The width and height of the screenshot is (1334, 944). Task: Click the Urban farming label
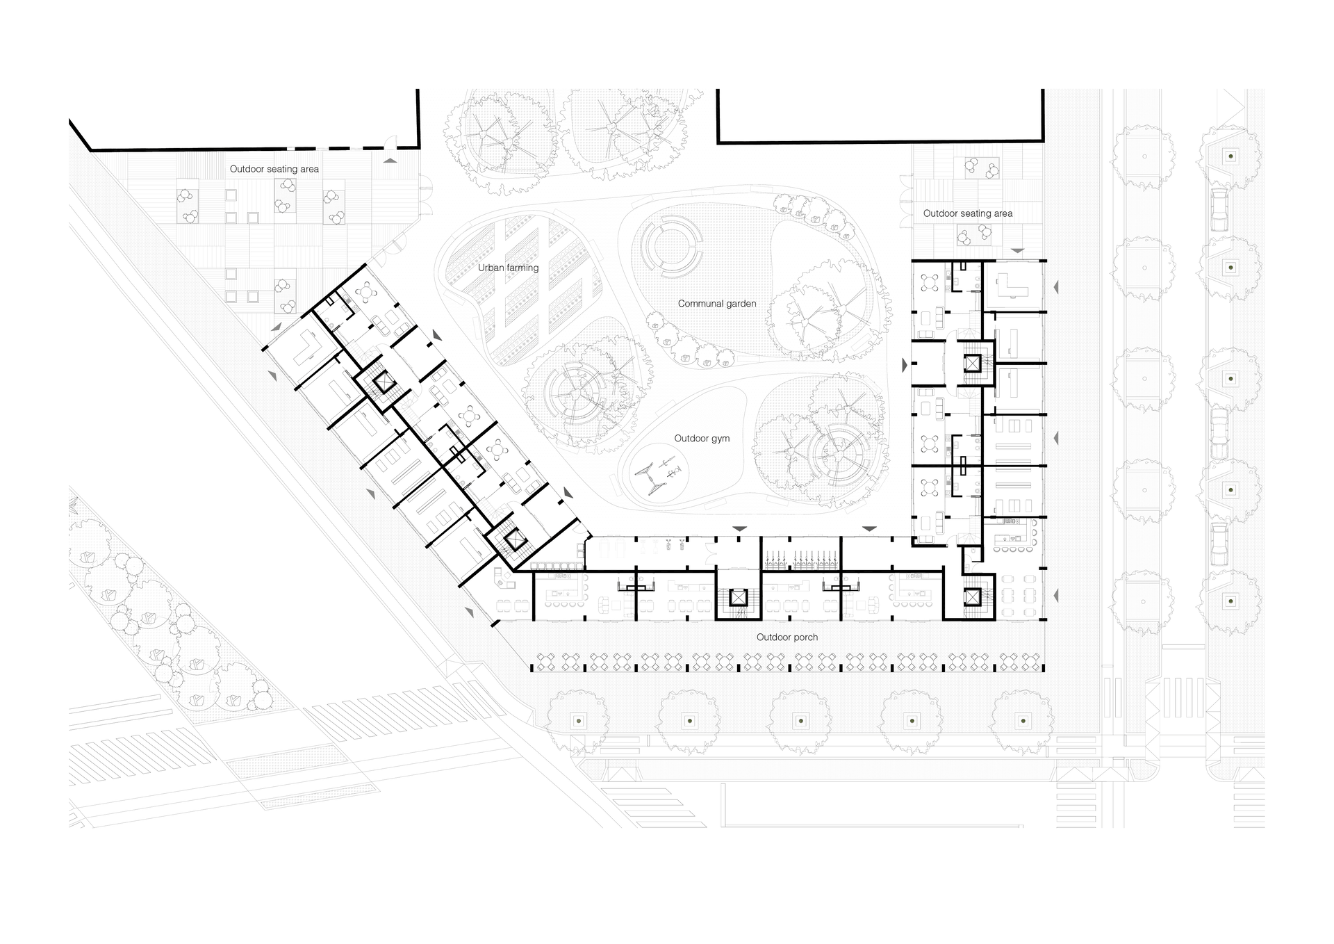point(508,268)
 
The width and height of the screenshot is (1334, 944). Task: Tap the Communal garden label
point(716,304)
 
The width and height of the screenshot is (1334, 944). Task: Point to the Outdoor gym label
point(702,439)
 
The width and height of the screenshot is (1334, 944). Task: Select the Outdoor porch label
point(787,637)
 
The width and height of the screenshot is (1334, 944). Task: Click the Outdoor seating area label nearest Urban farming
point(274,169)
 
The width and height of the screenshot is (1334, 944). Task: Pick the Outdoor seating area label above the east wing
point(967,213)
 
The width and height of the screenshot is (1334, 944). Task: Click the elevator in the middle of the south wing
point(738,596)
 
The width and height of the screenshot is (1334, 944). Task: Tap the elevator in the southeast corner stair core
point(971,596)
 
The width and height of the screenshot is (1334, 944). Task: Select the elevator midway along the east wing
point(971,361)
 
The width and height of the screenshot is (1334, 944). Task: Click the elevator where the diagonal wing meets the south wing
point(514,539)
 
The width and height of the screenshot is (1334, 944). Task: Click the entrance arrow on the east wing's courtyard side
point(905,365)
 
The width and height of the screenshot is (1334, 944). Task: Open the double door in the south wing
point(710,549)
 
